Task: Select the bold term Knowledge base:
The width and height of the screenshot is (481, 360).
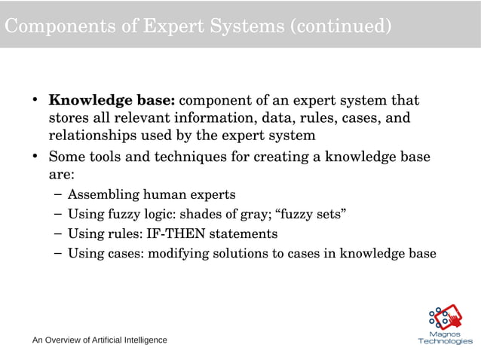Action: (x=112, y=100)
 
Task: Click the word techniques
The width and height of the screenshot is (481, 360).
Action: (x=189, y=158)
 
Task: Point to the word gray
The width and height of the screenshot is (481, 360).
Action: (x=259, y=214)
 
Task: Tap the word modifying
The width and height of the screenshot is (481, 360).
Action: (x=179, y=253)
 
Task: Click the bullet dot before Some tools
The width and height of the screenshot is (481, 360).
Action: (x=35, y=158)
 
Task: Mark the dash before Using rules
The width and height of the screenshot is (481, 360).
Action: (x=59, y=233)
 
